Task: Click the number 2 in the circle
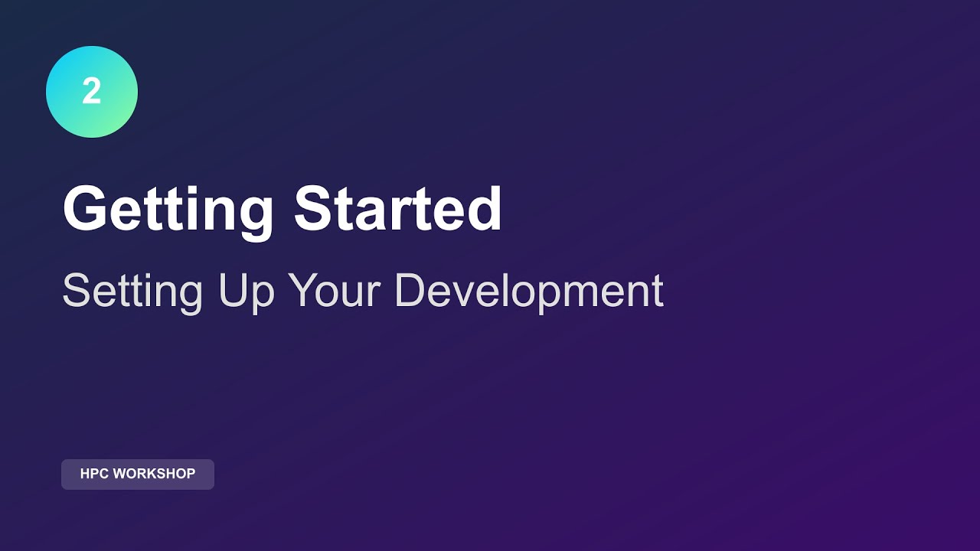click(x=92, y=92)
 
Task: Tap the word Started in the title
click(x=398, y=208)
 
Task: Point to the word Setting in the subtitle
click(x=132, y=292)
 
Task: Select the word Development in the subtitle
click(x=528, y=292)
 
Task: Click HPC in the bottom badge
click(x=95, y=474)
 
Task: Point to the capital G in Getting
click(x=86, y=208)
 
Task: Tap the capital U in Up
click(x=232, y=291)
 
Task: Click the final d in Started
click(x=484, y=208)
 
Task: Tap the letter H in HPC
click(x=85, y=474)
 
